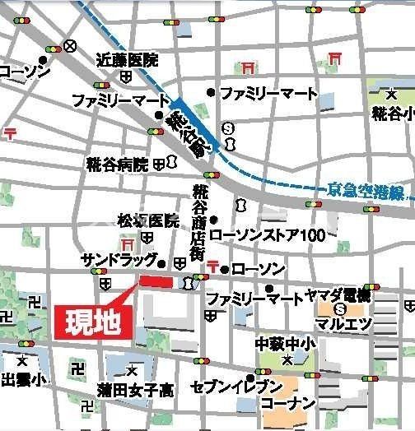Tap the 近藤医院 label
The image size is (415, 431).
[126, 60]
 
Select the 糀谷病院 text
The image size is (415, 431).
[117, 165]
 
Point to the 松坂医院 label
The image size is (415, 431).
[147, 220]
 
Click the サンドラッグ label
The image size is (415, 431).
[119, 260]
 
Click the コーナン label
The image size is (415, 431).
[287, 404]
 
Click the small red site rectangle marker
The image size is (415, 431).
[157, 281]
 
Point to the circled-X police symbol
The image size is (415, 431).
[72, 46]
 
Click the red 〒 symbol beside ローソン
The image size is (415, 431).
[214, 266]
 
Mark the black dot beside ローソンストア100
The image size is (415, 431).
[214, 220]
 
